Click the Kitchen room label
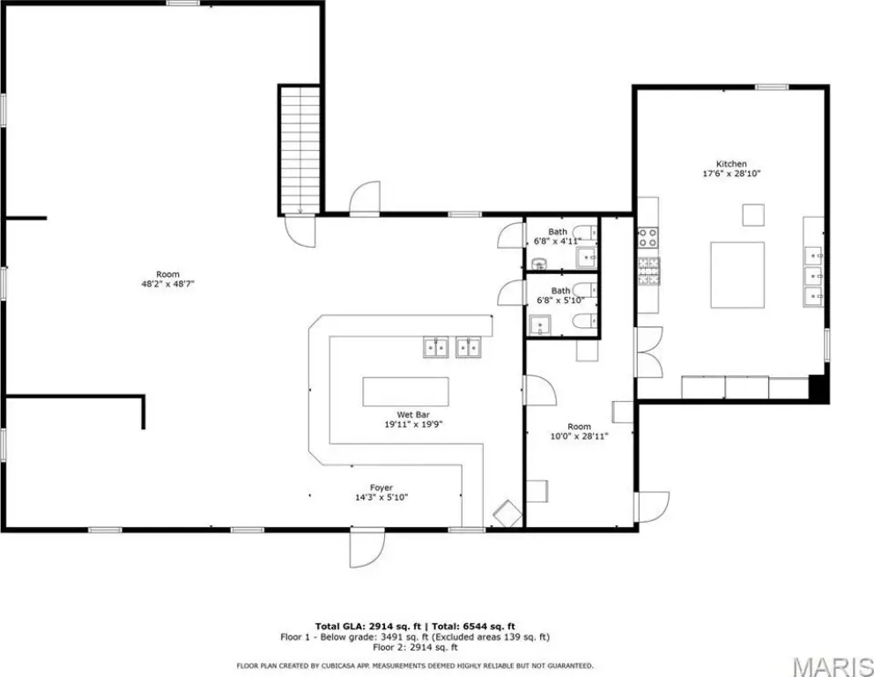[730, 164]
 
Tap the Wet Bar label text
[413, 415]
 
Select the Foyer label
[381, 488]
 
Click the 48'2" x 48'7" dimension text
[167, 284]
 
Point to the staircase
[300, 150]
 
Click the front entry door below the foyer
[367, 548]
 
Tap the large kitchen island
[737, 274]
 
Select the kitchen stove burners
[648, 237]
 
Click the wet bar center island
[405, 391]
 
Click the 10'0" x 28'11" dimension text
[579, 436]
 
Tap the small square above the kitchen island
[753, 215]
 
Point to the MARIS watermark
[833, 666]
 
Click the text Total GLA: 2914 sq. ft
[367, 626]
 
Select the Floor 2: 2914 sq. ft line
[415, 647]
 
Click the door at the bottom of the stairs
[300, 230]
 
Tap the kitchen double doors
[648, 352]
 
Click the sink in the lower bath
[539, 324]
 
